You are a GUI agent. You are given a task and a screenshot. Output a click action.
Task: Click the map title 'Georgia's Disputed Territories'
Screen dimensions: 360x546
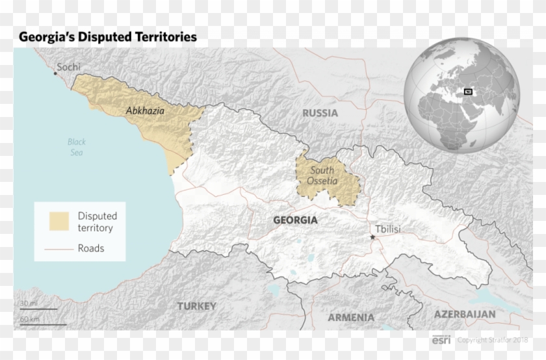pyautogui.click(x=107, y=37)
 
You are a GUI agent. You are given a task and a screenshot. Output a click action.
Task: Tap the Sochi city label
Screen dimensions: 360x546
pyautogui.click(x=70, y=66)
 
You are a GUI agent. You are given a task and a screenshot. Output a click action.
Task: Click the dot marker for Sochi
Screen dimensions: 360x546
pyautogui.click(x=55, y=73)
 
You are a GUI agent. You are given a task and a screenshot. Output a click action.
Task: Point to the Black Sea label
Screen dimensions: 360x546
pyautogui.click(x=77, y=147)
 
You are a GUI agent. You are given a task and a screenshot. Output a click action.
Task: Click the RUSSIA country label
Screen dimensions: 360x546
pyautogui.click(x=320, y=113)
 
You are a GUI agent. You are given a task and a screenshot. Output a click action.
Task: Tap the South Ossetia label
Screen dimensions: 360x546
pyautogui.click(x=323, y=175)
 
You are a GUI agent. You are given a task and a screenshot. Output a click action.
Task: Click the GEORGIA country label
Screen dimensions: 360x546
pyautogui.click(x=295, y=220)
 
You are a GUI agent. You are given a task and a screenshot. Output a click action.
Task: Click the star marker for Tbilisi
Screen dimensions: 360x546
pyautogui.click(x=372, y=238)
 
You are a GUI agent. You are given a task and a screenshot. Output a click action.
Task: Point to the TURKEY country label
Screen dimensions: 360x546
pyautogui.click(x=197, y=305)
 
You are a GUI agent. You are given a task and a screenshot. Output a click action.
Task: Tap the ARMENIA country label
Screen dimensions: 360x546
pyautogui.click(x=351, y=318)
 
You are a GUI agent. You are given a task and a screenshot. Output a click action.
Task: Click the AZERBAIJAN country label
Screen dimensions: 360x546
pyautogui.click(x=465, y=314)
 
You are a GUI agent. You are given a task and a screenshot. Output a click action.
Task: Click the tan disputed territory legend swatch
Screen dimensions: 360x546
pyautogui.click(x=59, y=222)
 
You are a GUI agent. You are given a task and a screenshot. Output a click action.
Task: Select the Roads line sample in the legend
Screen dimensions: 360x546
pyautogui.click(x=59, y=248)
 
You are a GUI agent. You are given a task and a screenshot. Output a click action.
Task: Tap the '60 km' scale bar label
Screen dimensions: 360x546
pyautogui.click(x=29, y=319)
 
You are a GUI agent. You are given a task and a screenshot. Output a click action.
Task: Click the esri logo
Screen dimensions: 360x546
pyautogui.click(x=442, y=340)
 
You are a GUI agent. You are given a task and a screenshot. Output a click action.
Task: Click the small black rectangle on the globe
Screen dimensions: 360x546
pyautogui.click(x=468, y=92)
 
